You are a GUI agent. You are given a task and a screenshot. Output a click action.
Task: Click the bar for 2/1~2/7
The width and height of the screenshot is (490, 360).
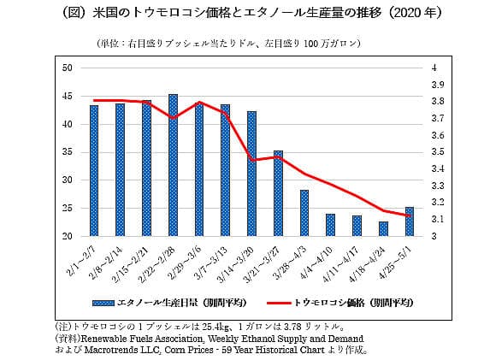point(94,171)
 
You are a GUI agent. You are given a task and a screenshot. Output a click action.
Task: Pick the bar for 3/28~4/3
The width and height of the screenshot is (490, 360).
point(304,213)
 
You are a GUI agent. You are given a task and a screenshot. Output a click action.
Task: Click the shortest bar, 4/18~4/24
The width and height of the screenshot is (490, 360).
point(383,228)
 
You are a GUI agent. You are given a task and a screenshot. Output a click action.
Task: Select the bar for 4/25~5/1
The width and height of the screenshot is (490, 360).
point(410,221)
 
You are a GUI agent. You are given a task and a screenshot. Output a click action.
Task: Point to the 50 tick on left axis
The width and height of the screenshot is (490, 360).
point(68,67)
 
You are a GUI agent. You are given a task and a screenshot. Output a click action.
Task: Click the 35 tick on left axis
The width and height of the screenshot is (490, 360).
point(68,151)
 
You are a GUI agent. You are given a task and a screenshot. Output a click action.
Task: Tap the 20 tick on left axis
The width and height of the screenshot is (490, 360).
point(68,236)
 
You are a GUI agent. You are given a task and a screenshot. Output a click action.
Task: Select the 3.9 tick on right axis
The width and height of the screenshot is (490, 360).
point(438,84)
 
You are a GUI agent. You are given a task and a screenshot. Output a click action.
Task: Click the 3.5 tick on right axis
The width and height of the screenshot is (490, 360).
point(438,151)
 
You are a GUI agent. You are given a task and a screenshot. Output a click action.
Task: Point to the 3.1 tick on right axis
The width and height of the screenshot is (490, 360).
point(438,219)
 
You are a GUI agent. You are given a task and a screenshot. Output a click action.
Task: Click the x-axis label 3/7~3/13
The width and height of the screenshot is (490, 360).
point(216,260)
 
